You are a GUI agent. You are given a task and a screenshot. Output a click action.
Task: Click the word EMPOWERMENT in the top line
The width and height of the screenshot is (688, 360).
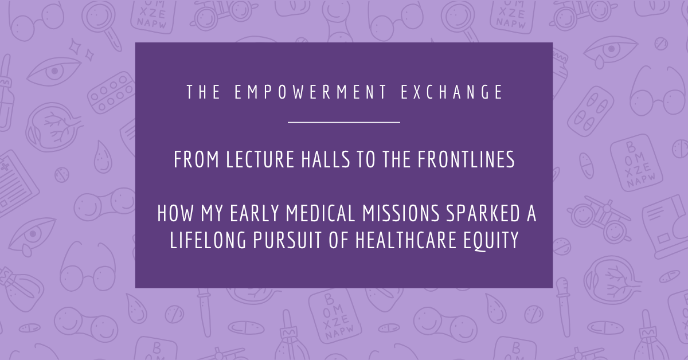tap(311, 93)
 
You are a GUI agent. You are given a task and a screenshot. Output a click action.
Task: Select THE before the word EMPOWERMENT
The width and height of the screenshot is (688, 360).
tap(204, 93)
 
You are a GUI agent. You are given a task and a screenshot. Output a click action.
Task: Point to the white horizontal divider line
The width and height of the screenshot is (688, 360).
tap(343, 122)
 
